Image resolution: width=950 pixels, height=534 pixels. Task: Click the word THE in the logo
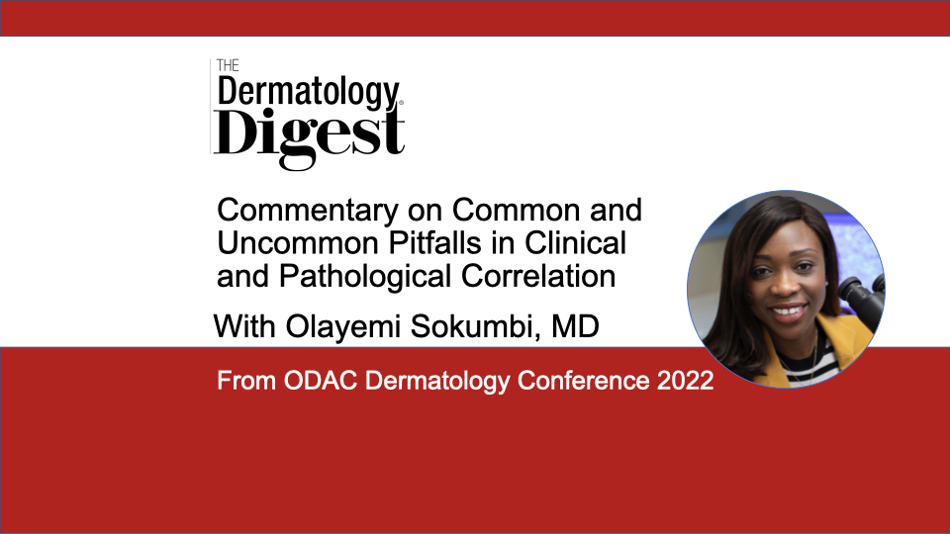(x=228, y=65)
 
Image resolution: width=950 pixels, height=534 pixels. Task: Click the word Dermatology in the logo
(x=309, y=93)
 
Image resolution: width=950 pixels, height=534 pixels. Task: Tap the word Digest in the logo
(x=309, y=135)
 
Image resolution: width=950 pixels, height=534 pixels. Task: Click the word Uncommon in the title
(x=298, y=243)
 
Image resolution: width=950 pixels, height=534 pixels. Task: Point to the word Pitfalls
(x=435, y=243)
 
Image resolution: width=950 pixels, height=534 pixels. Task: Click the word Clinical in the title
(x=575, y=243)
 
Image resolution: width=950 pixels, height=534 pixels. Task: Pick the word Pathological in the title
(x=365, y=277)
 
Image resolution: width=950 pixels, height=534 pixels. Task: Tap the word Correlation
(x=538, y=276)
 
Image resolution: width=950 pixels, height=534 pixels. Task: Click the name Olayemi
(x=343, y=327)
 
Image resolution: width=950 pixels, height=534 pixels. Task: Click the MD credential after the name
(x=575, y=327)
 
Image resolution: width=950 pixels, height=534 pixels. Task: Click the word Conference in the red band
(x=584, y=381)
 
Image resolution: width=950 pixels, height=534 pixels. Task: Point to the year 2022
(x=685, y=381)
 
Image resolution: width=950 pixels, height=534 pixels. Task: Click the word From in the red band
(x=246, y=381)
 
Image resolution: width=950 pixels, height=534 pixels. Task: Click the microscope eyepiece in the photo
(x=860, y=297)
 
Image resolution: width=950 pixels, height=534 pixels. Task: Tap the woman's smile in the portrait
(x=789, y=312)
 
